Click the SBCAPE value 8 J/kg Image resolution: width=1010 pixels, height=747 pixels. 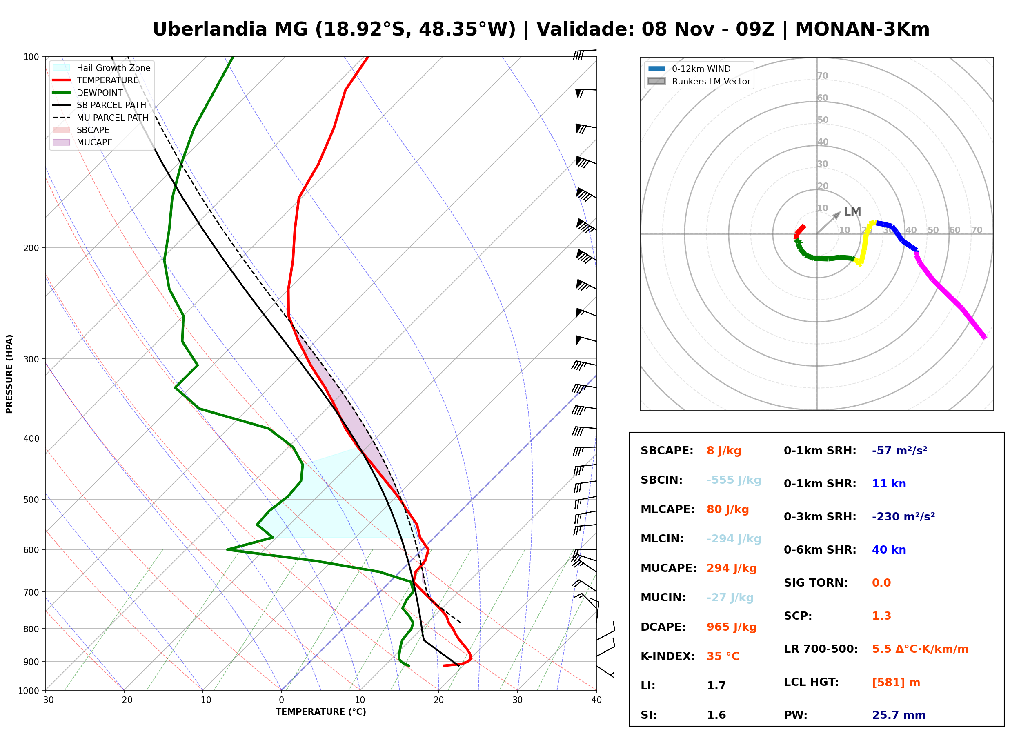click(x=724, y=451)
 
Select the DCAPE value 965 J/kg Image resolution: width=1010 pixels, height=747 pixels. click(x=732, y=627)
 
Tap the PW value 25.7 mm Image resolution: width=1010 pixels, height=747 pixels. click(x=899, y=715)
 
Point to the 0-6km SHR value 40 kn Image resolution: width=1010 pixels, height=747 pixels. click(x=889, y=550)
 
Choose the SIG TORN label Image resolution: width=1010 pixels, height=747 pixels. click(x=816, y=583)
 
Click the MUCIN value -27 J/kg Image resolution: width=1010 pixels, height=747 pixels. click(x=730, y=598)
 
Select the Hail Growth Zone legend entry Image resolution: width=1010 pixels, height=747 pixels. click(x=102, y=68)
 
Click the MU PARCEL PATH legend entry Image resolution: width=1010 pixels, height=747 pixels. click(x=100, y=118)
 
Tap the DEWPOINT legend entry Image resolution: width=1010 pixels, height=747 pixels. click(x=88, y=93)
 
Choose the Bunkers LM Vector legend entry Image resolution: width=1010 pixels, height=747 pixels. click(x=699, y=81)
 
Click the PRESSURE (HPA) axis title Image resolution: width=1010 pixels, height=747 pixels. click(x=9, y=374)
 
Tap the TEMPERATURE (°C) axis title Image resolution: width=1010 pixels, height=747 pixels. click(x=321, y=712)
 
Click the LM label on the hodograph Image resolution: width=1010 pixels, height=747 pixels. click(x=852, y=211)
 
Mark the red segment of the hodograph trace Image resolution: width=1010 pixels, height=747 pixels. click(x=799, y=231)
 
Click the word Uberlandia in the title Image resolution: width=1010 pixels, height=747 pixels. click(x=210, y=29)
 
